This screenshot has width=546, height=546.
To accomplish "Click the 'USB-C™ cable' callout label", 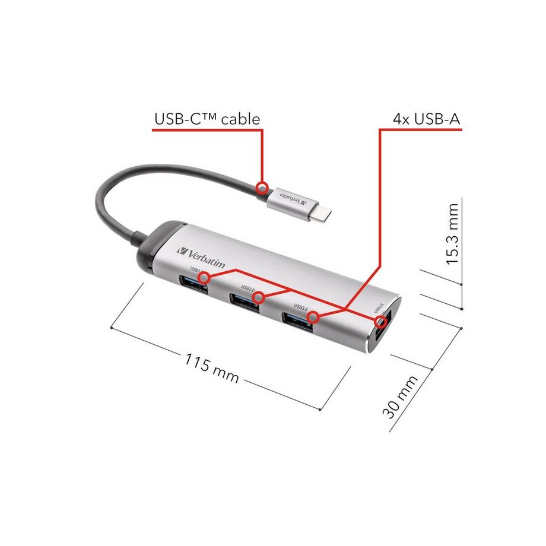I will [207, 119].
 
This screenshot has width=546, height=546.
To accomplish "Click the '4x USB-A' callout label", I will [427, 119].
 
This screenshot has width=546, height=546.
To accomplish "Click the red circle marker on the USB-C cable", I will [262, 189].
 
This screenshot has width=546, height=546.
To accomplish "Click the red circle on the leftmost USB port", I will [204, 277].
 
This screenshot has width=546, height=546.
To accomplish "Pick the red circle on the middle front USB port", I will [258, 296].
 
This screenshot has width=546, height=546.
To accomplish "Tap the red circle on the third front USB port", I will [314, 318].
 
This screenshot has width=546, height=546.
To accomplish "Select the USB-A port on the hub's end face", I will [381, 332].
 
